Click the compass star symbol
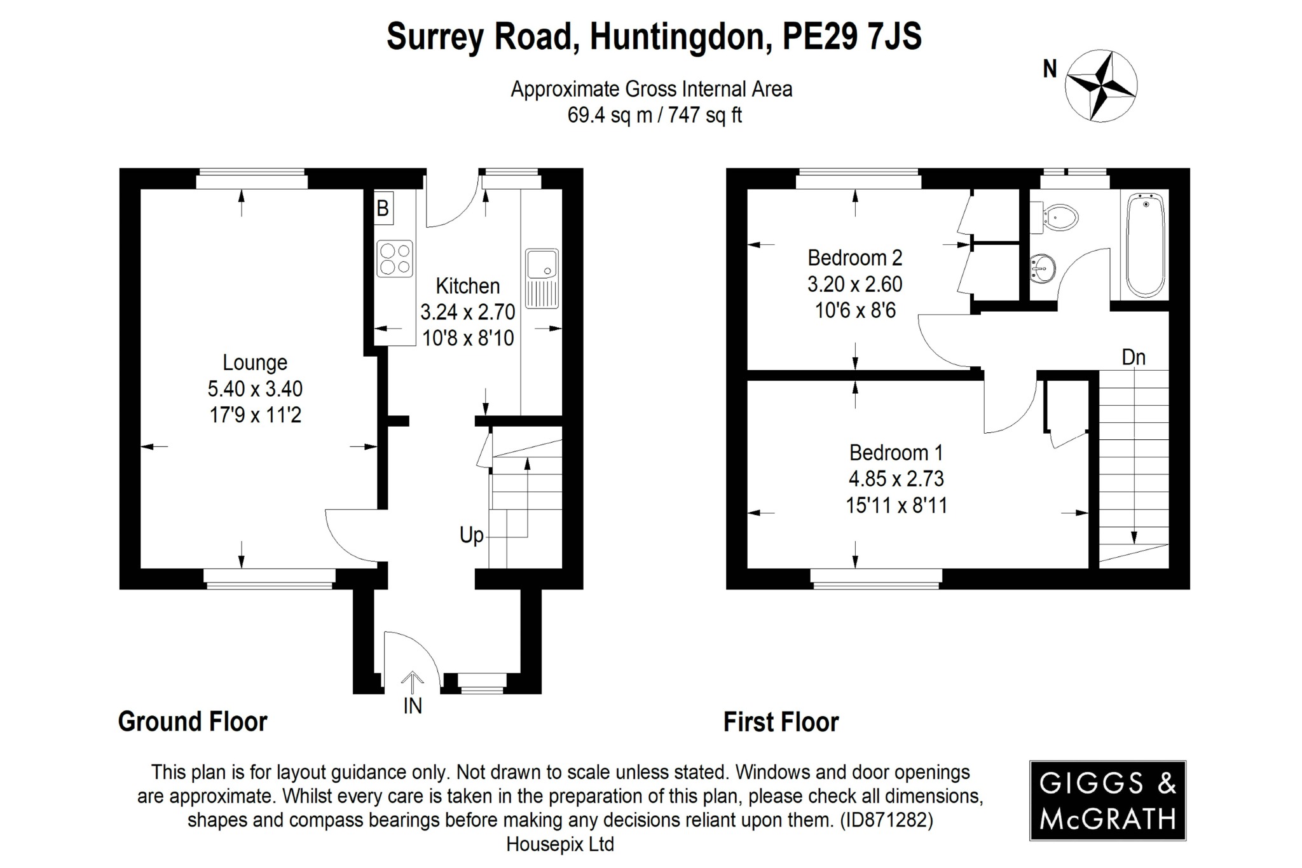(x=1100, y=86)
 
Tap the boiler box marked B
(x=383, y=208)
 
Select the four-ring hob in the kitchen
(x=395, y=259)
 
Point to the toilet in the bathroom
(x=1057, y=218)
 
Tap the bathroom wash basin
(x=1042, y=268)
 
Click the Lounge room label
(x=254, y=362)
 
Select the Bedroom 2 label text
(x=854, y=258)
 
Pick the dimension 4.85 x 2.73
(x=896, y=478)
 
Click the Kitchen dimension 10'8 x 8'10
(x=468, y=338)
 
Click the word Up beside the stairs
(x=471, y=535)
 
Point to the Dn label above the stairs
(x=1134, y=357)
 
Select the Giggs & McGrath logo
(x=1107, y=801)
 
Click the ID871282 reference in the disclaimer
(x=886, y=820)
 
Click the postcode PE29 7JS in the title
(x=851, y=36)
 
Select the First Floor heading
(x=781, y=722)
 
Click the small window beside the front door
(x=482, y=684)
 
